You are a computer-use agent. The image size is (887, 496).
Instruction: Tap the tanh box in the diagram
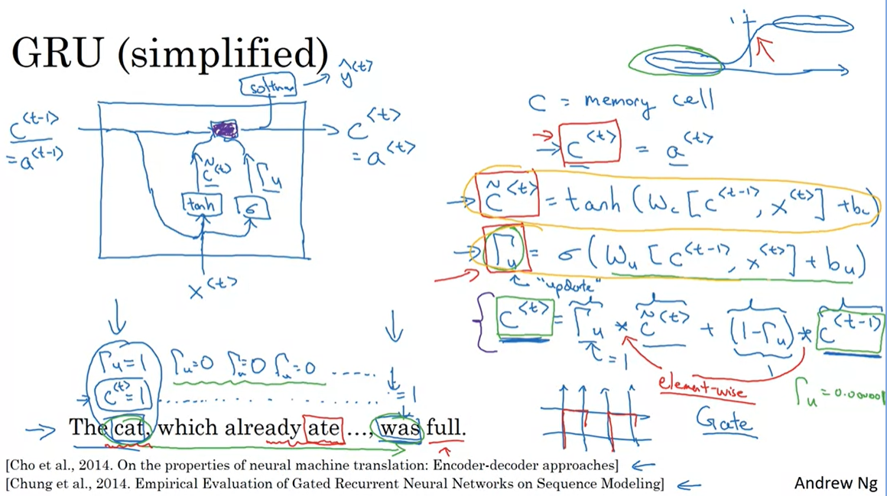pyautogui.click(x=202, y=205)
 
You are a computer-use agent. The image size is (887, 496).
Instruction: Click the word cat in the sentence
pyautogui.click(x=132, y=428)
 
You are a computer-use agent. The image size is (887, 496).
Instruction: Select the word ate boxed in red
pyautogui.click(x=322, y=428)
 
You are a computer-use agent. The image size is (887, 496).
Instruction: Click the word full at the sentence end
pyautogui.click(x=445, y=428)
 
